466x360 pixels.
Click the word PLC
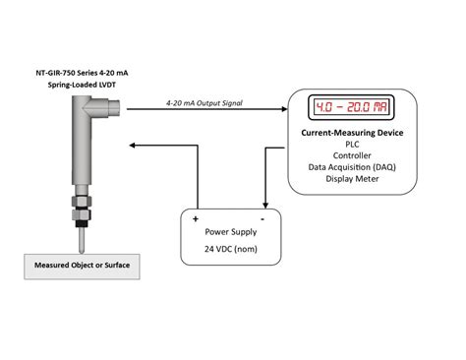pyautogui.click(x=352, y=144)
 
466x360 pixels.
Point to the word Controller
pyautogui.click(x=352, y=155)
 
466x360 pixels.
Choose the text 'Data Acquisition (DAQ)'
pyautogui.click(x=352, y=168)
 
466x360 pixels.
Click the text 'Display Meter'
pyautogui.click(x=352, y=181)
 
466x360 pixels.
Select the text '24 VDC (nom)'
pyautogui.click(x=229, y=249)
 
